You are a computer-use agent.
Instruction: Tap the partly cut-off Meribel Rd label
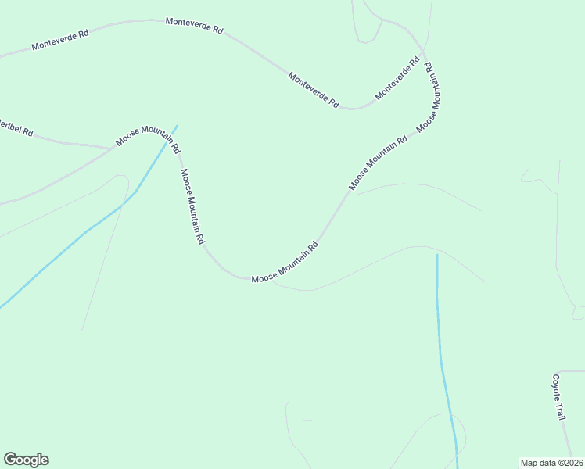(x=15, y=127)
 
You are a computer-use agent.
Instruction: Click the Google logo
(x=26, y=460)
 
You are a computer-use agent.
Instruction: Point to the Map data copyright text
(x=552, y=463)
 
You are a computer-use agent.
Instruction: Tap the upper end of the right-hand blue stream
(x=436, y=256)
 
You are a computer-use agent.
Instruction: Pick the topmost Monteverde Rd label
(x=194, y=26)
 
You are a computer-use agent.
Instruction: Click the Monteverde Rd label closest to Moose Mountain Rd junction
(x=397, y=78)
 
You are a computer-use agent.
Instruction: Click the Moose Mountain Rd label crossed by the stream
(x=148, y=137)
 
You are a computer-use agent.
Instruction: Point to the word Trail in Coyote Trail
(x=560, y=410)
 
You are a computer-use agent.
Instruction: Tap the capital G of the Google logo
(x=10, y=460)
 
